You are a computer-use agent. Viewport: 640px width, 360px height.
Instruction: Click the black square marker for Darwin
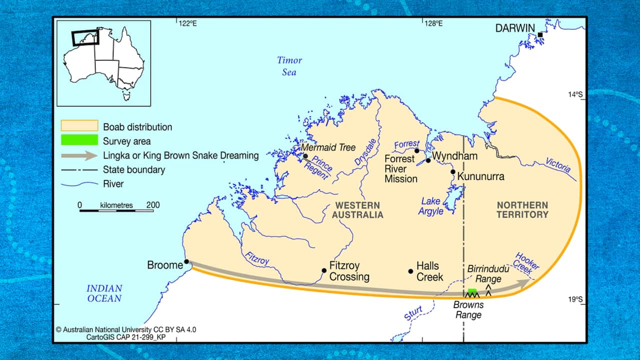540,34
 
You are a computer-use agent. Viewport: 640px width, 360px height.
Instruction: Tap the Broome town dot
186,261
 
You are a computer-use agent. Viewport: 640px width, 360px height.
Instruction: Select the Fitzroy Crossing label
349,271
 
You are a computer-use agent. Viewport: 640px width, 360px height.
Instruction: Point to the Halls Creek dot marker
410,271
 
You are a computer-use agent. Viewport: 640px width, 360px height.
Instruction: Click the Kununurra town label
481,176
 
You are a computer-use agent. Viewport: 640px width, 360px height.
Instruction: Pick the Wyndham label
454,155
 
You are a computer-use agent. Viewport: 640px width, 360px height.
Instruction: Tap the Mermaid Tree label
328,147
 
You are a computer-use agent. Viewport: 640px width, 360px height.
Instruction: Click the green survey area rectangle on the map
472,291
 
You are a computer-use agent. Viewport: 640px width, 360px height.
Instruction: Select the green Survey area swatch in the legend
79,140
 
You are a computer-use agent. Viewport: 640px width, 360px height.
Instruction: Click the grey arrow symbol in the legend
79,155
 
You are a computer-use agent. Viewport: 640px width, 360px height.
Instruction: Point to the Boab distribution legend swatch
79,126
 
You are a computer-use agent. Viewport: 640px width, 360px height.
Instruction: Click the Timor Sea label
289,66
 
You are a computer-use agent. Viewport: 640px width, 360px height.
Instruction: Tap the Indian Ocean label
104,293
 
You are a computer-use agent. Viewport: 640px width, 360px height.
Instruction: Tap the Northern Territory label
522,210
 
